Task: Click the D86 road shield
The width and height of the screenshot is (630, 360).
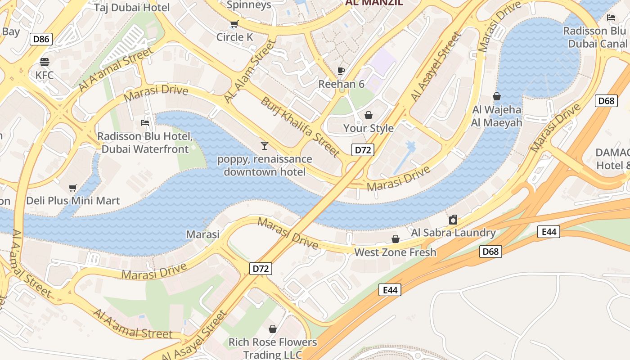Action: coord(41,39)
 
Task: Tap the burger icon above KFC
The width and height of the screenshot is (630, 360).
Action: coord(44,62)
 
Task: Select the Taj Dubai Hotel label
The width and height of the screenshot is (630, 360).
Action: coord(132,8)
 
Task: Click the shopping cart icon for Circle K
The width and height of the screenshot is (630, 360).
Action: coord(234,24)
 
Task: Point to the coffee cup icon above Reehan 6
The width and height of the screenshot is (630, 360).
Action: coord(341,71)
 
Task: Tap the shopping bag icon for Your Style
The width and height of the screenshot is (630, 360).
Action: coord(369,116)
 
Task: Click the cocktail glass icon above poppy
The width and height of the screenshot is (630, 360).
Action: coord(265,145)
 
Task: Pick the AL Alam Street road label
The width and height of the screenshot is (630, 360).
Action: coord(249,71)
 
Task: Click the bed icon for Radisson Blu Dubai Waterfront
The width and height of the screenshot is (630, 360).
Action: coord(145,122)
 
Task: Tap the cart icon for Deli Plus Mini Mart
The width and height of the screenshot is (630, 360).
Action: coord(73,187)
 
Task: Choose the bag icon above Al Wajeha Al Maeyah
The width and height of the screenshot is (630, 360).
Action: coord(497,96)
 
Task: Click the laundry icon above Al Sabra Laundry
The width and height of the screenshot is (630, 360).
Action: coord(453,220)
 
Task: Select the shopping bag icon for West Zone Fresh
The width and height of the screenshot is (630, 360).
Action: coord(396,239)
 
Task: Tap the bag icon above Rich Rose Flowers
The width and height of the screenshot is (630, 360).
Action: coord(272,329)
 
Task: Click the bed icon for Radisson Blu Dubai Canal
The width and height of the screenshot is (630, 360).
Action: coord(611,18)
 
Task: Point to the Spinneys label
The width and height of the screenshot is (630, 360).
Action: coord(249,5)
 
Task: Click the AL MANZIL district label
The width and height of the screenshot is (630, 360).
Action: coord(374,3)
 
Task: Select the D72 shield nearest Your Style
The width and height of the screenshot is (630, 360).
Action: coord(362,150)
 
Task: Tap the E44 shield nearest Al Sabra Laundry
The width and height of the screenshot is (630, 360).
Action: coord(549,232)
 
